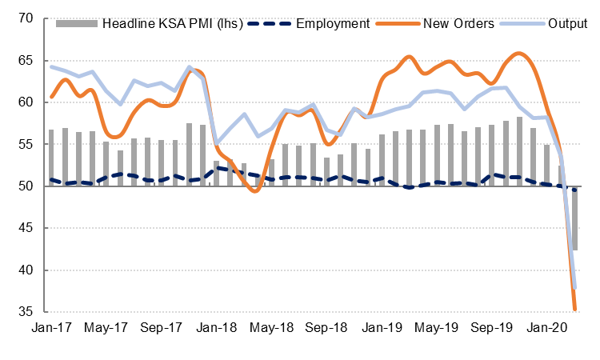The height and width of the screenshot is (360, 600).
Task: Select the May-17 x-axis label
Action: pos(106,328)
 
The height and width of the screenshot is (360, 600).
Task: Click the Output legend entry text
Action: pos(567,24)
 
